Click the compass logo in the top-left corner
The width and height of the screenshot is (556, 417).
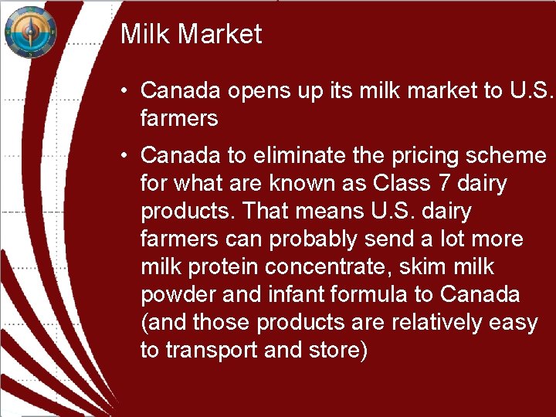pos(31,32)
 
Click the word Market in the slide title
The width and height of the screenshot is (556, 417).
pos(223,34)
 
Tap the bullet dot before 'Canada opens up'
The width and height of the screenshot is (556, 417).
pos(124,91)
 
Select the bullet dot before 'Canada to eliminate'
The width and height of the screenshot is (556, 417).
pos(124,156)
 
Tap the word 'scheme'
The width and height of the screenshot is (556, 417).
pos(509,156)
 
